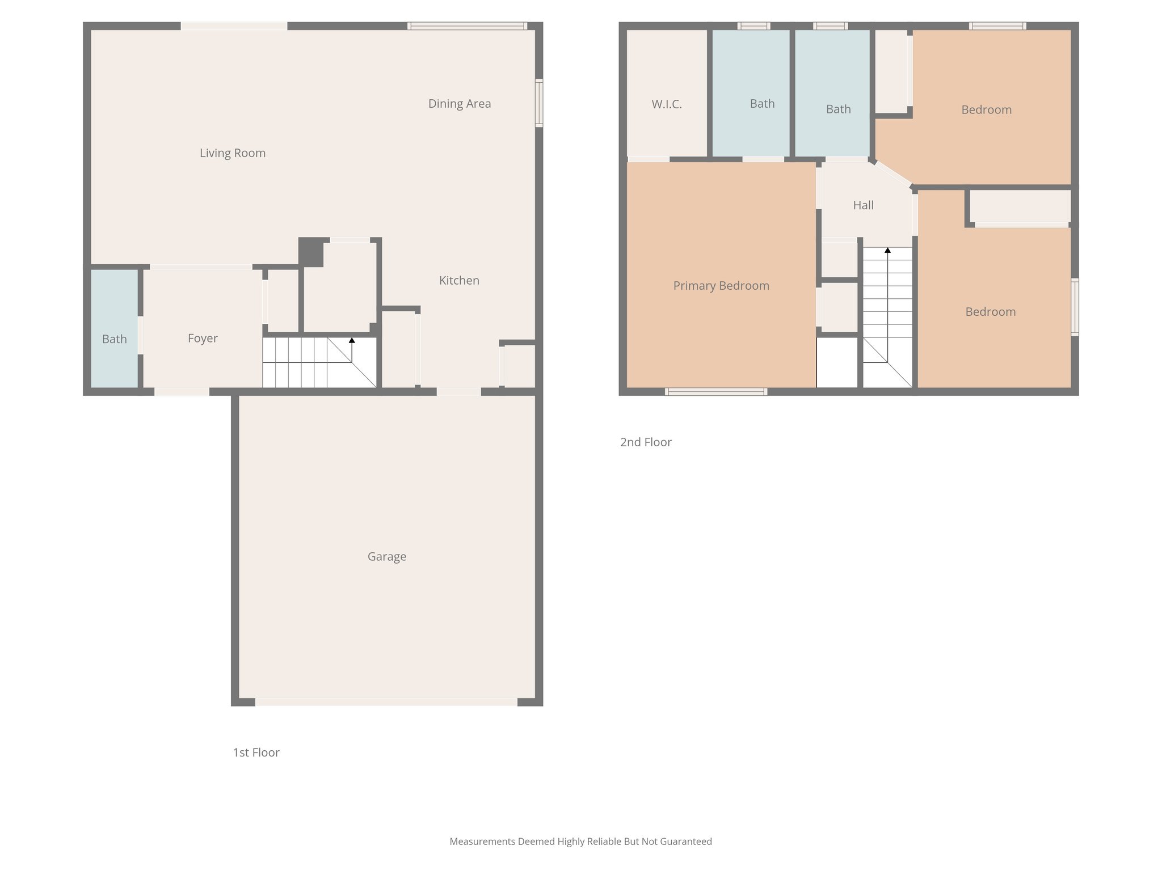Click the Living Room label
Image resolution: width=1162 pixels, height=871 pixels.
click(233, 153)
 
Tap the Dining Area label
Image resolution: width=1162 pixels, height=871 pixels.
click(460, 104)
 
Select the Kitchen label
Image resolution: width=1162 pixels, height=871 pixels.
click(459, 281)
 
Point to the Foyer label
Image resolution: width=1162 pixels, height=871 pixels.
click(203, 339)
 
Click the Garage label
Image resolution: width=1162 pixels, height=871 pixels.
click(387, 557)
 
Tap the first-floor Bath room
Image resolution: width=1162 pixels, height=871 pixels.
click(115, 339)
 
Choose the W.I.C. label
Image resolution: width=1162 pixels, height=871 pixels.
click(667, 104)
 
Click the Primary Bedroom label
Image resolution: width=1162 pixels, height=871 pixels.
click(721, 286)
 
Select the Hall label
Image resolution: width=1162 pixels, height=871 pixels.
click(863, 205)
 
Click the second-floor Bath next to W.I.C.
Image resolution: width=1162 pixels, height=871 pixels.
click(762, 104)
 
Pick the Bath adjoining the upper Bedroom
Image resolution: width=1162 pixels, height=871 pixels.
click(838, 109)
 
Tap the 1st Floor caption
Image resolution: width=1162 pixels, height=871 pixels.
click(256, 752)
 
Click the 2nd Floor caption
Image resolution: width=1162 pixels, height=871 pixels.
click(646, 442)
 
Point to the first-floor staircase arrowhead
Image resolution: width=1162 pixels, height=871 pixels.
click(352, 340)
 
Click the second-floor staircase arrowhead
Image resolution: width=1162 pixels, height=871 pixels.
click(887, 250)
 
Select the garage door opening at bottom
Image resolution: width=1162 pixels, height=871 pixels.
click(386, 702)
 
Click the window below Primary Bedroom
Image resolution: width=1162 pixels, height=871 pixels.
click(716, 391)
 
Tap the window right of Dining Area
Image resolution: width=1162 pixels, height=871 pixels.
click(539, 103)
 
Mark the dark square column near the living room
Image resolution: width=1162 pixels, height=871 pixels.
click(310, 252)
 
